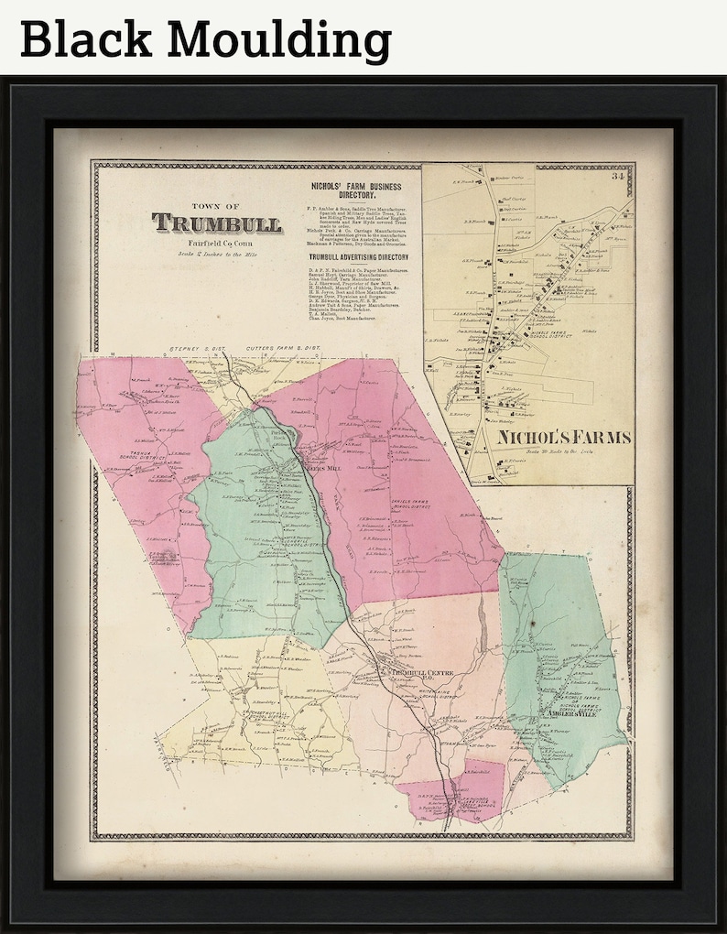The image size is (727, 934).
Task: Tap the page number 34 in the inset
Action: (620, 177)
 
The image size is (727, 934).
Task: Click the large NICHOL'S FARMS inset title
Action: (565, 438)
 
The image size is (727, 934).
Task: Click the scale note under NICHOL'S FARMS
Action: (565, 452)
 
